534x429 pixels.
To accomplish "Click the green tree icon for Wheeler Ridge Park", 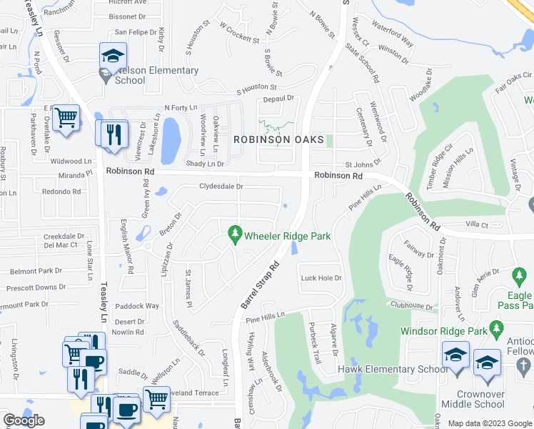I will coord(234,234).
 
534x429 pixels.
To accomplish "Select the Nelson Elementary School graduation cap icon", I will coord(112,56).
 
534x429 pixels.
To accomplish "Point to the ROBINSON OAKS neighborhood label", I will coord(277,139).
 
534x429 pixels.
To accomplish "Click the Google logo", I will coord(24,420).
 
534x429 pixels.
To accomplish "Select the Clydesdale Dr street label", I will coord(221,187).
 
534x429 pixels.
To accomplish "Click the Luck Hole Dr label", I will coord(321,278).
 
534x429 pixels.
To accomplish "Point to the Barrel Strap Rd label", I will coord(258,285).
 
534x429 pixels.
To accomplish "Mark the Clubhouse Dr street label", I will coord(412,305).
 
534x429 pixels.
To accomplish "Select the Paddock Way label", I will coord(142,306).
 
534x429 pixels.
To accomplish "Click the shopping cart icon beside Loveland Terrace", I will coord(156,398).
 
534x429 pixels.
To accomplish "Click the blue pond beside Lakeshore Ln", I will coord(171,140).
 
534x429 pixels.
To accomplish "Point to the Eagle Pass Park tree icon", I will coord(519,275).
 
